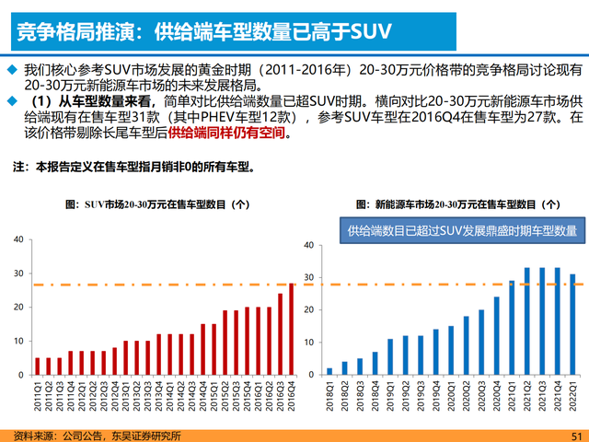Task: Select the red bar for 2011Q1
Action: coord(37,366)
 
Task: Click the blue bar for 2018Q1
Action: coord(329,371)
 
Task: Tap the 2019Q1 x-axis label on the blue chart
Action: coord(389,397)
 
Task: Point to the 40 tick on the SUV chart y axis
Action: coord(18,239)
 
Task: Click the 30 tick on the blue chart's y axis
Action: coord(309,277)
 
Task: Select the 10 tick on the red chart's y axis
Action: coord(18,342)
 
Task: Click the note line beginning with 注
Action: coord(133,169)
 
